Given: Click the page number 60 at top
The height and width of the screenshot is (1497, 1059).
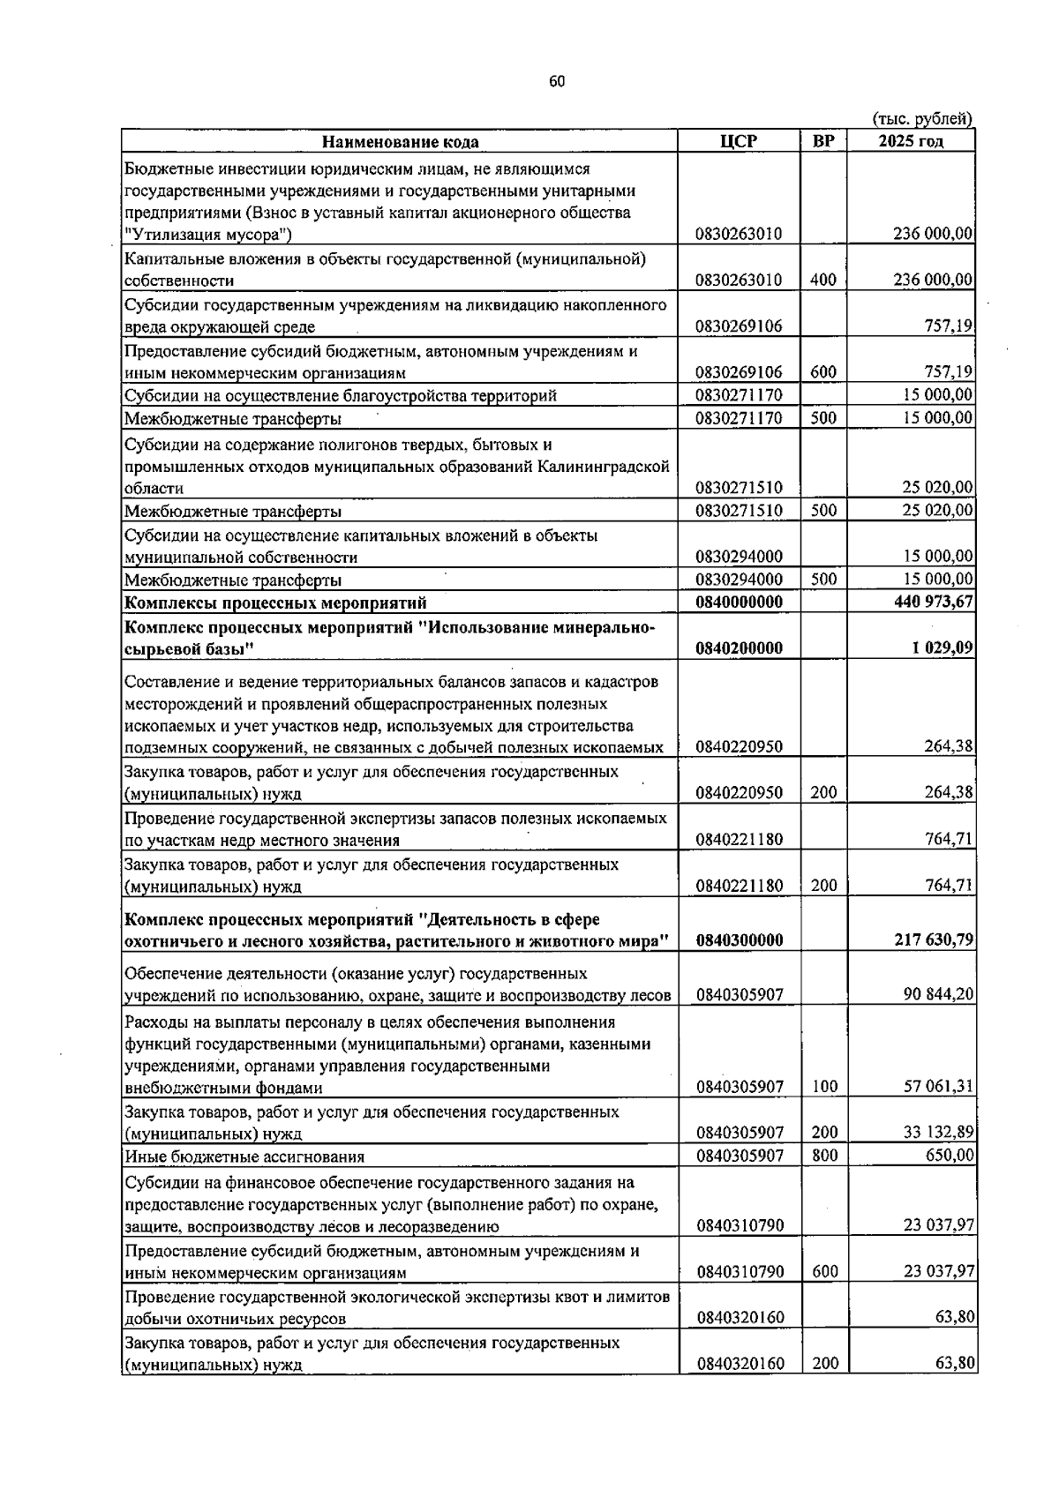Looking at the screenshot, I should tap(557, 82).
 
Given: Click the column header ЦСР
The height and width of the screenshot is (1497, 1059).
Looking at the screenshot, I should tap(739, 141).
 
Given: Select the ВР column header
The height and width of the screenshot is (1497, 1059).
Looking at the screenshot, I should tap(823, 141).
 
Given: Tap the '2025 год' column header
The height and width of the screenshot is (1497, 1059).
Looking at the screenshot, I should tap(911, 141).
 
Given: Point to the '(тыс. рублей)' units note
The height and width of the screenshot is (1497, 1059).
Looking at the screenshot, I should tap(922, 119).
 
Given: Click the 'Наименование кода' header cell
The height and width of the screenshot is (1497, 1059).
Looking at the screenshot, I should tap(400, 141).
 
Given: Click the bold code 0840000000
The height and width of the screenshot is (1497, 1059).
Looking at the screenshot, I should tap(739, 603).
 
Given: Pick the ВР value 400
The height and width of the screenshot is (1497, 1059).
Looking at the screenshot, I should tap(823, 281).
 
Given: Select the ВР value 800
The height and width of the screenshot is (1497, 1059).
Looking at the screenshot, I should tap(823, 1156).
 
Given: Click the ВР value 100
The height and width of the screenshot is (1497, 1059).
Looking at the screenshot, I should tap(823, 1087).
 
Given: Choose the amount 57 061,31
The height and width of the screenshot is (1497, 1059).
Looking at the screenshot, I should tap(937, 1087).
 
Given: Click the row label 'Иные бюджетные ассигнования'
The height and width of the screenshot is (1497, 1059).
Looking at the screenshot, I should tap(244, 1156).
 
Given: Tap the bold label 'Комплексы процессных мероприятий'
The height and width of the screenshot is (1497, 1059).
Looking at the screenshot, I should tap(275, 603).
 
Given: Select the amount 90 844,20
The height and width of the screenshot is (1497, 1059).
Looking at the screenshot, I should tap(937, 995).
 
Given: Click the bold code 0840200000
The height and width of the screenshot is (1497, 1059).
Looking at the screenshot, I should tap(739, 648).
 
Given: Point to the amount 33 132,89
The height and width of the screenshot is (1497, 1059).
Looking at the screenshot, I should tap(937, 1133).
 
